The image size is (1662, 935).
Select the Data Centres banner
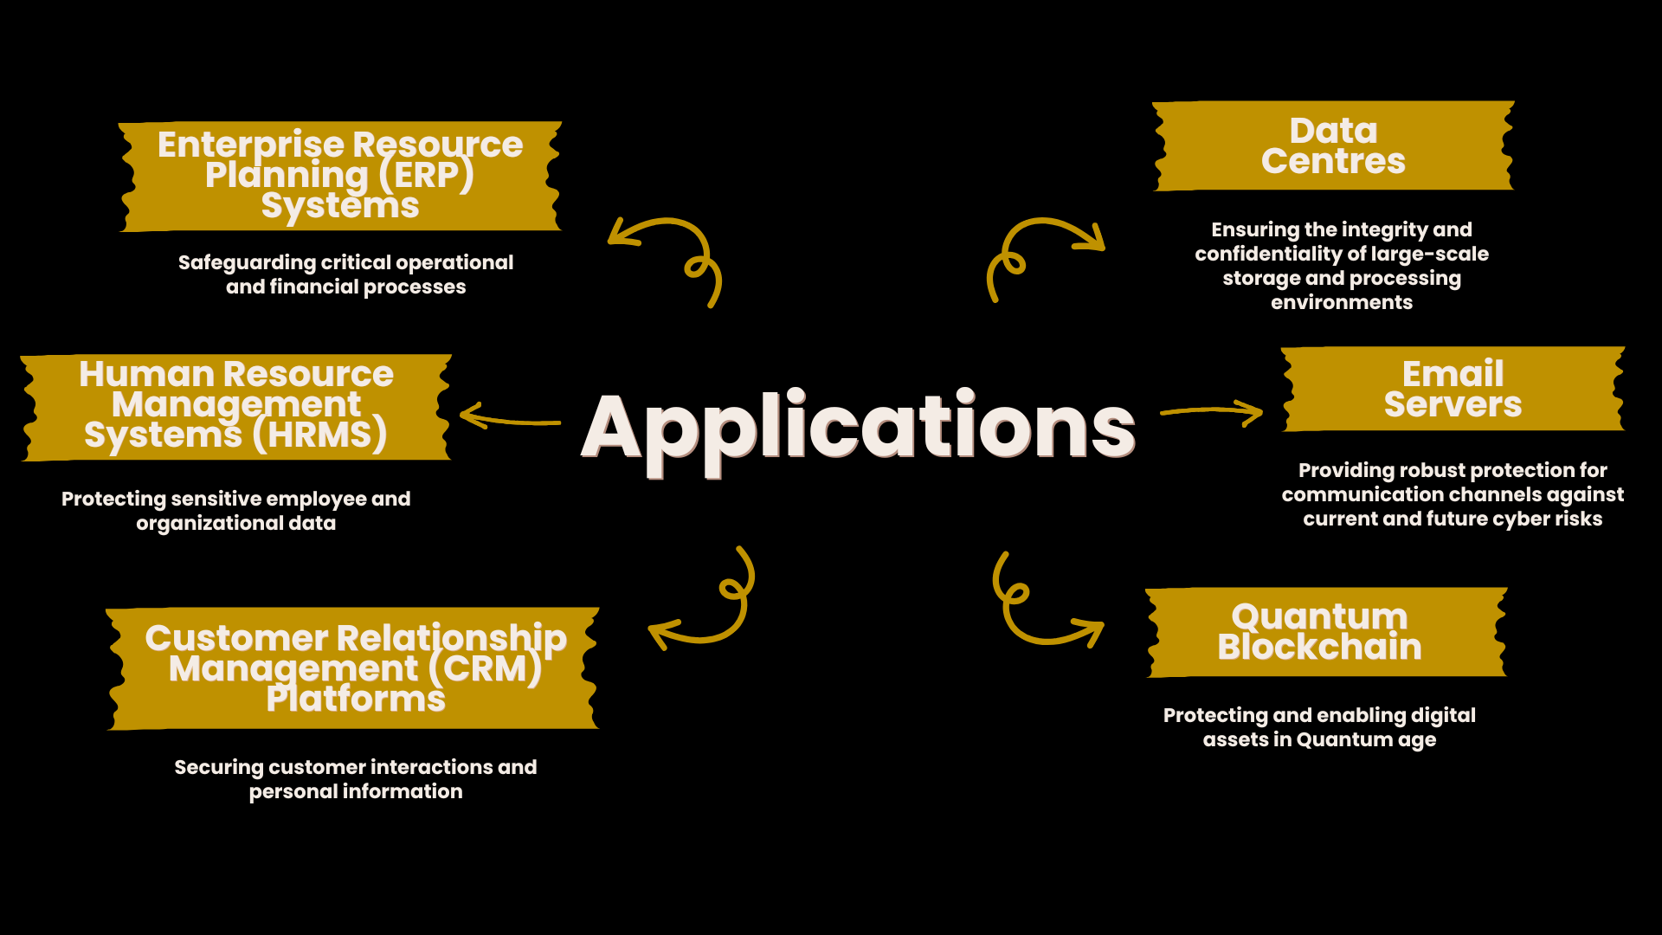point(1333,145)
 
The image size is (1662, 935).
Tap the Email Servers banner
point(1453,389)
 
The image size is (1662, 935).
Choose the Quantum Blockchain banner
point(1325,632)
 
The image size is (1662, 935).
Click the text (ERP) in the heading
point(426,175)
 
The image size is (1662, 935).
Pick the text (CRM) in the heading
point(485,668)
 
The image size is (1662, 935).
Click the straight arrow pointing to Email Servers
point(1212,412)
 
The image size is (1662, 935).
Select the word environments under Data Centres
point(1341,302)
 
